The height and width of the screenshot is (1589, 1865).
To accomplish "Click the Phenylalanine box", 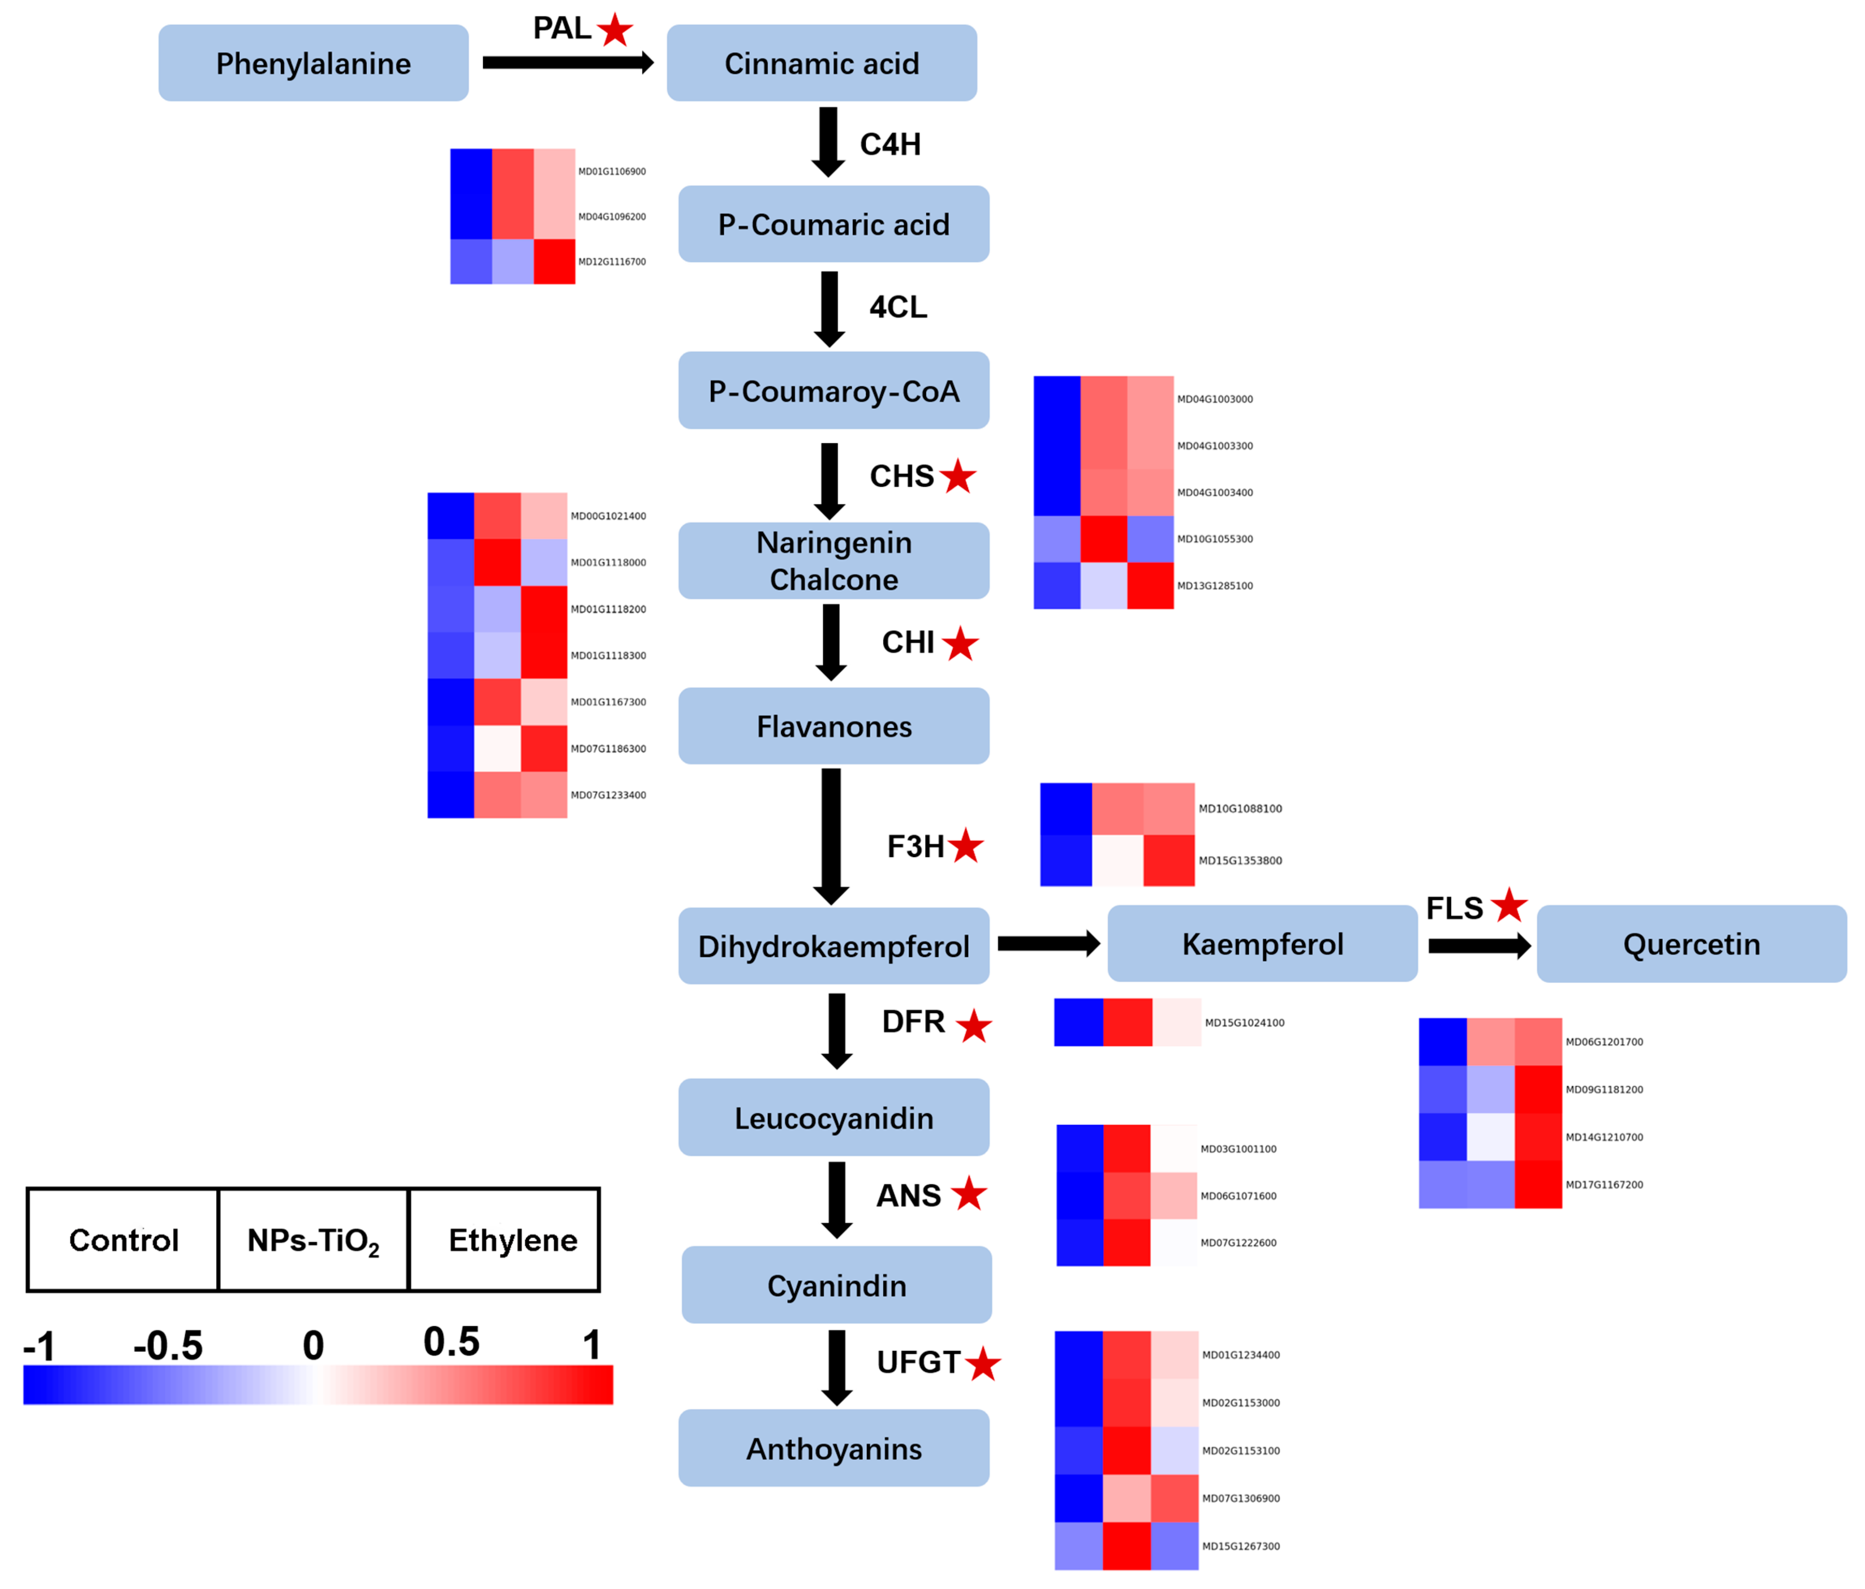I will [313, 63].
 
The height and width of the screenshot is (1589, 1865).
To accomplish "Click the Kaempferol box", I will [1262, 943].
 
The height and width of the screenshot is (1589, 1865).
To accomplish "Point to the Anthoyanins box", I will [833, 1449].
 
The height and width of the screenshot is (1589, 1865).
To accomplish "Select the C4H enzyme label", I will [890, 144].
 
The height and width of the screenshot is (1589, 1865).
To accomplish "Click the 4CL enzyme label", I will [897, 307].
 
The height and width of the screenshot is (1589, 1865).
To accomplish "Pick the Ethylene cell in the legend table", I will [512, 1240].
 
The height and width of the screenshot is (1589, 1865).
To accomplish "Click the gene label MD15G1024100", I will [1244, 1023].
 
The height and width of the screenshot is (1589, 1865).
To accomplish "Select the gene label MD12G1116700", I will [612, 262].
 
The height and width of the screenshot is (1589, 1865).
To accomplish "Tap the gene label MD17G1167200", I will [1604, 1185].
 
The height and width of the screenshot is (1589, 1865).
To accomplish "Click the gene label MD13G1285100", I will [1214, 586].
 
